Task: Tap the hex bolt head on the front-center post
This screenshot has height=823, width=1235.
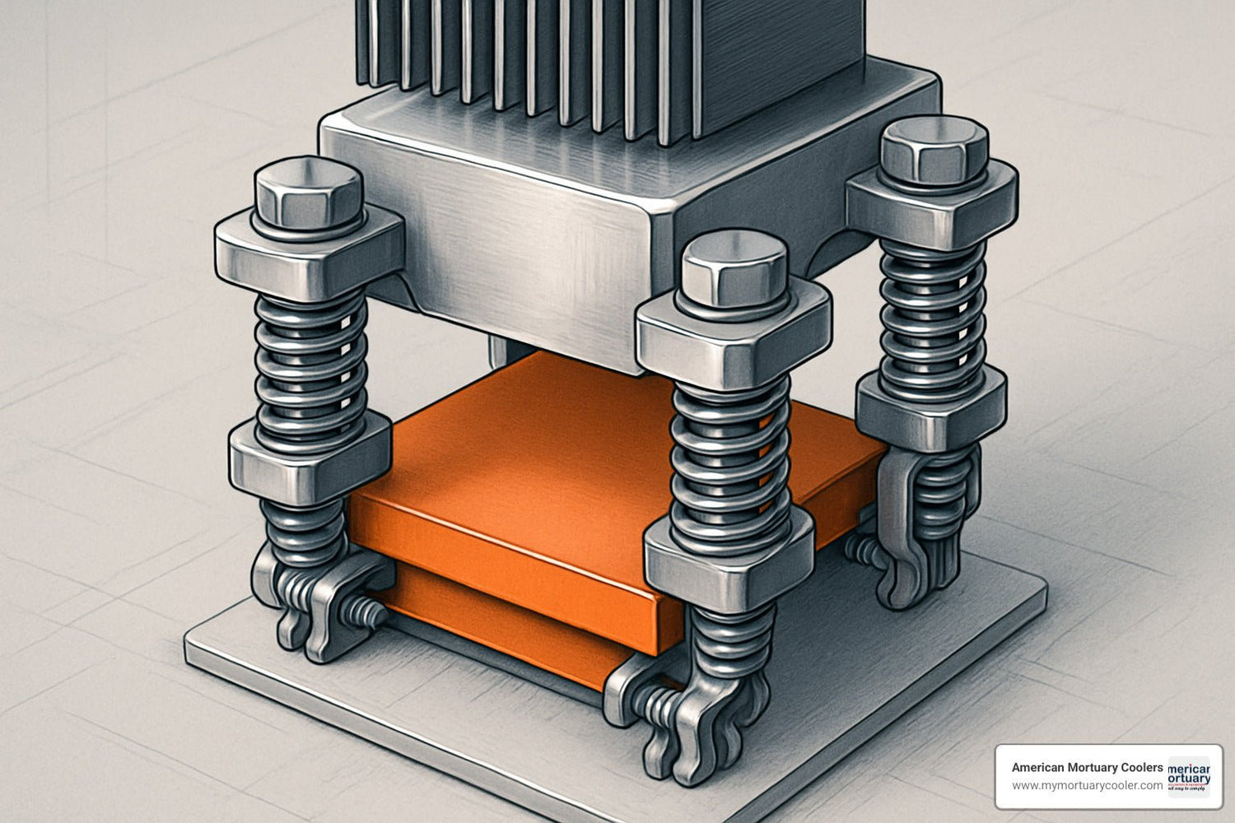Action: click(x=734, y=269)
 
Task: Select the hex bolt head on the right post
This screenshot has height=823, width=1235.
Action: click(x=934, y=150)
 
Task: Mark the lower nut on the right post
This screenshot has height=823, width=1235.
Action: click(x=930, y=407)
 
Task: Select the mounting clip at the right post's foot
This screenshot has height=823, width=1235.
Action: click(x=914, y=543)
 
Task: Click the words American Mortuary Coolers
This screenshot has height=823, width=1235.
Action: click(x=1087, y=767)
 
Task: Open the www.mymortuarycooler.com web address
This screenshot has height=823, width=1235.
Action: click(x=1087, y=786)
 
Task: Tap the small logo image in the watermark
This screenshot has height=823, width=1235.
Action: click(x=1189, y=777)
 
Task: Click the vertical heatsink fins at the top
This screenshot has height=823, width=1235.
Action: click(x=527, y=58)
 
